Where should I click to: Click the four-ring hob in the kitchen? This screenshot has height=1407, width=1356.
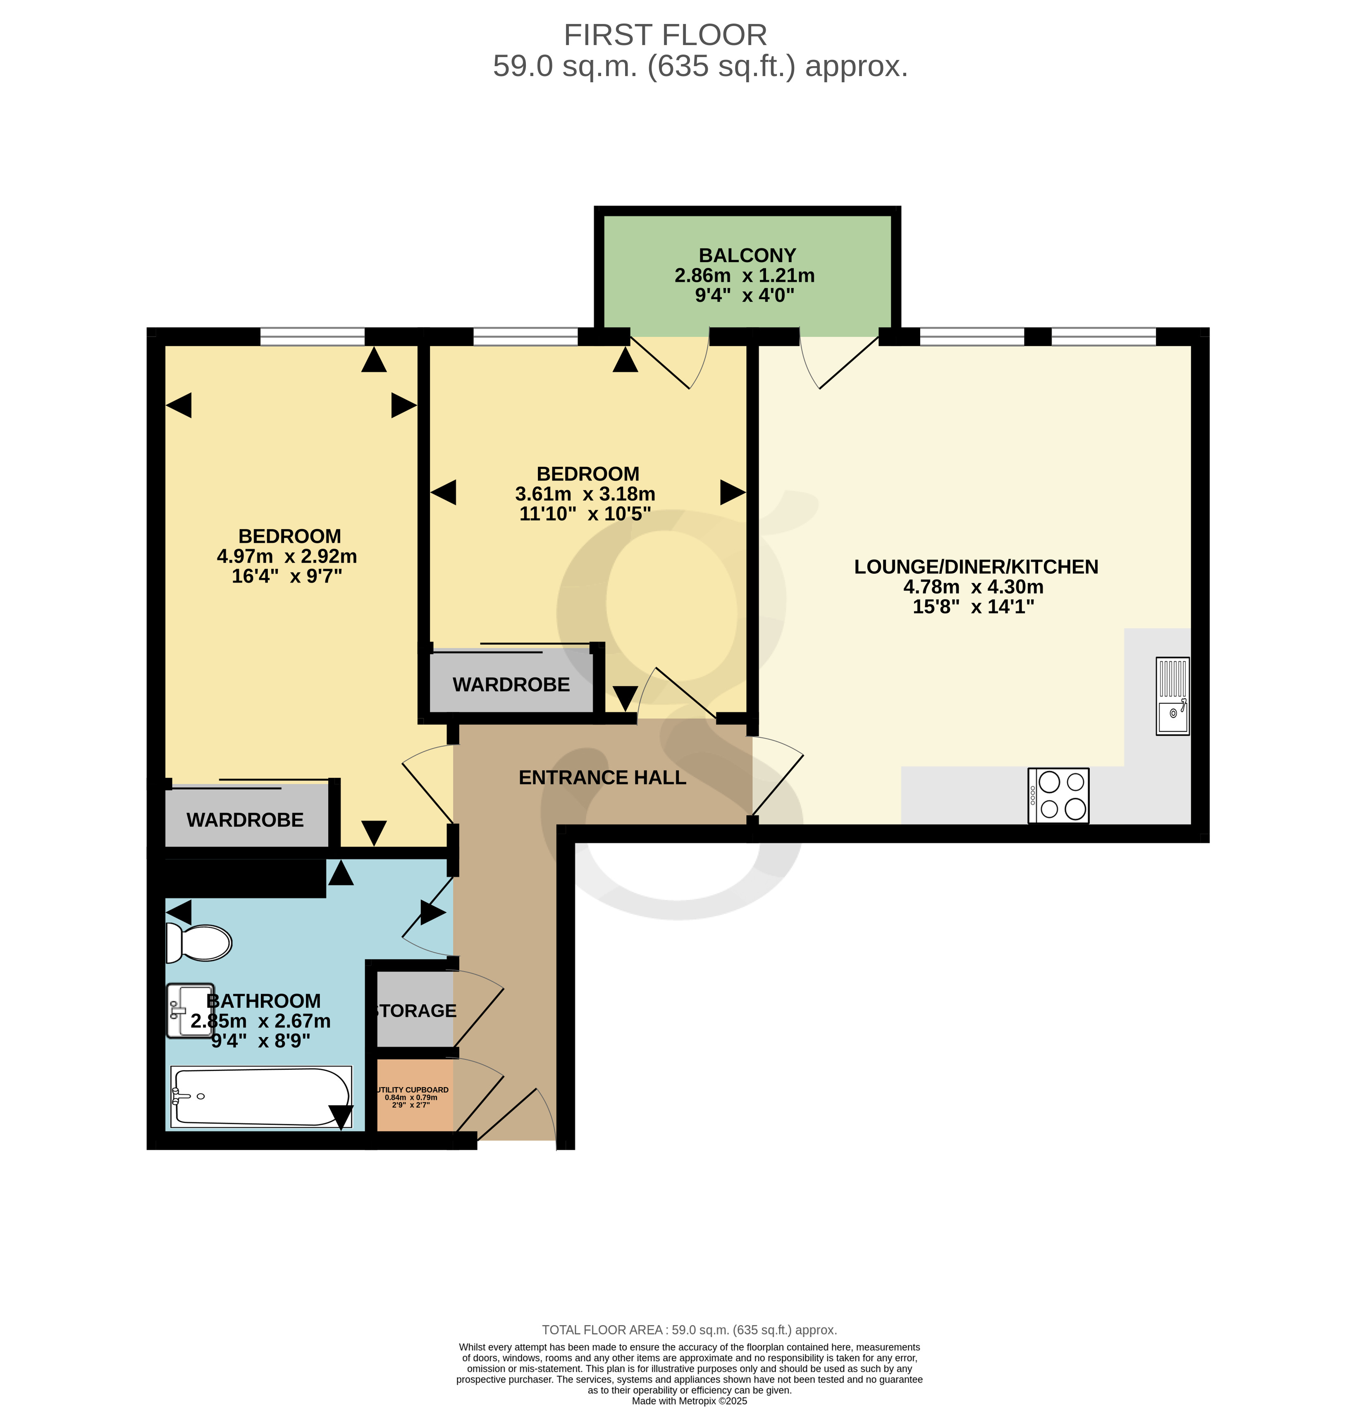tap(1058, 795)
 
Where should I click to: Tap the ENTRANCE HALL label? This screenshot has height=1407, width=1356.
tap(602, 777)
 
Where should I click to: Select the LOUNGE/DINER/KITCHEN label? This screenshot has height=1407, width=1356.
tap(976, 567)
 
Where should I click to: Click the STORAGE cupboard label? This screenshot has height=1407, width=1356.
tap(415, 1011)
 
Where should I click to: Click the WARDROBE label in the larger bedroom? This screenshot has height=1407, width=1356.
tap(245, 820)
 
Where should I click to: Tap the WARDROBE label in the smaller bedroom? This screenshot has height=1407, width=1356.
tap(511, 685)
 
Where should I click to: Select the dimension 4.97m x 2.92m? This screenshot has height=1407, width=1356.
tap(286, 556)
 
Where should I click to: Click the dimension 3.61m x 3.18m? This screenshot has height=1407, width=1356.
tap(585, 494)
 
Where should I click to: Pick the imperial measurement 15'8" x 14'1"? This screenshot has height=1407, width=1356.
tap(974, 607)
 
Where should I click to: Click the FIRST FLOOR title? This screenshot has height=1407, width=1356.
tap(666, 35)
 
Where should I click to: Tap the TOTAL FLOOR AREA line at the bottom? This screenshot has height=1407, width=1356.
tap(689, 1330)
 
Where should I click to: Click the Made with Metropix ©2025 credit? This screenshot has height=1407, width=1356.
tap(689, 1400)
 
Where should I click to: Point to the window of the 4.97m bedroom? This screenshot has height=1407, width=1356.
tap(312, 336)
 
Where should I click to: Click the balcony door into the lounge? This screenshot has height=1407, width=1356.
tap(839, 362)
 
